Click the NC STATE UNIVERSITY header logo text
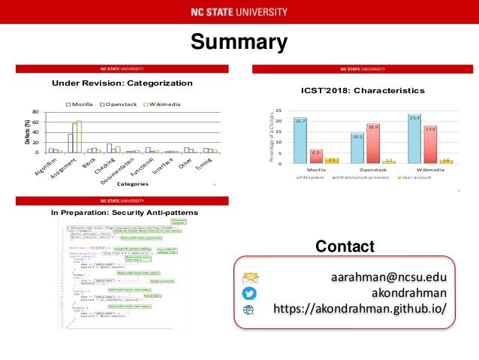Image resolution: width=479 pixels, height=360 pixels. (x=239, y=12)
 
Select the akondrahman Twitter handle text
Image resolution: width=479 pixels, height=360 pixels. (x=406, y=293)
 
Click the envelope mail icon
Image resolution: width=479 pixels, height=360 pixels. (x=250, y=277)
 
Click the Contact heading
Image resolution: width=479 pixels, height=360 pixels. (x=345, y=247)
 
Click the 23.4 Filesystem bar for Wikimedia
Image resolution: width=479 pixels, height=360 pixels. (x=414, y=139)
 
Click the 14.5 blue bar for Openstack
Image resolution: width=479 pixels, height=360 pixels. (x=357, y=149)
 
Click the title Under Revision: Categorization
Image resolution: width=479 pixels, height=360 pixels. (x=122, y=83)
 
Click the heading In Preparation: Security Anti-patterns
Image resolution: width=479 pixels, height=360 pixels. (x=124, y=213)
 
